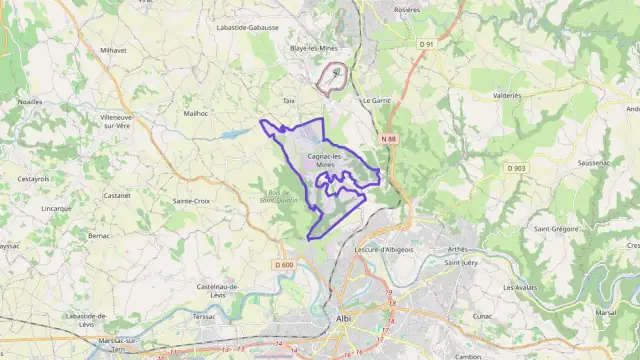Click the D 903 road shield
pos(516,169)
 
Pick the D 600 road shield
pos(284,264)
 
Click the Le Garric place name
pos(376,101)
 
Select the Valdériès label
pos(507,96)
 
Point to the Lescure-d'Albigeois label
pos(385,249)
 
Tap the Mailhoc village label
pos(196,114)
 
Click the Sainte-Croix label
pos(191,201)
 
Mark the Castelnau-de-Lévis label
pos(218,290)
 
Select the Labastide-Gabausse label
pos(247,28)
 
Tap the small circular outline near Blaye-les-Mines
pos(332,77)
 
